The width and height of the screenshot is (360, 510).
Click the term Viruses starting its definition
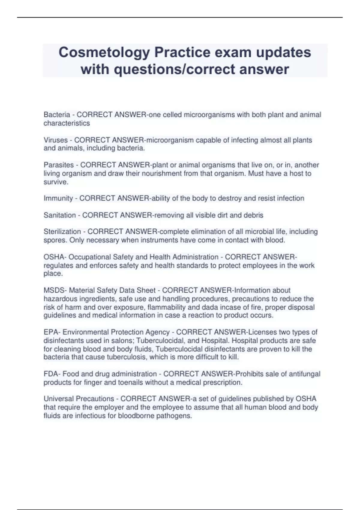[x=55, y=140]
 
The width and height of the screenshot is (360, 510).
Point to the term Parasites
[x=58, y=165]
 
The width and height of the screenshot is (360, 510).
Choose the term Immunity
[x=58, y=198]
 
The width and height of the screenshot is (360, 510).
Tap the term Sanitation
[x=60, y=215]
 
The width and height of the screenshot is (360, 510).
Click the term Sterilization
[x=62, y=232]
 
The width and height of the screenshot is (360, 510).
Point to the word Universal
[x=58, y=399]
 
